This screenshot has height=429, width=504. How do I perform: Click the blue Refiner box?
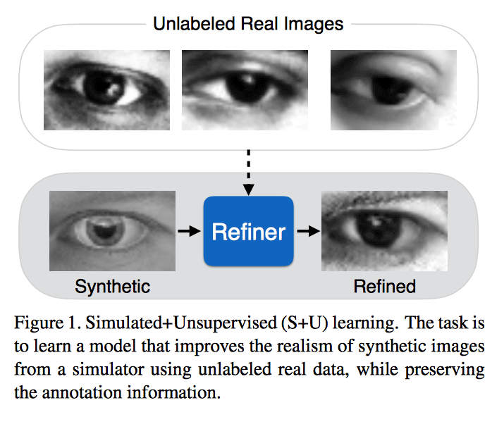click(249, 231)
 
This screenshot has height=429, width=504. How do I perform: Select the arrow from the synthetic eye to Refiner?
click(188, 230)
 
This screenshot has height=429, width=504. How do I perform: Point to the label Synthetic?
click(112, 286)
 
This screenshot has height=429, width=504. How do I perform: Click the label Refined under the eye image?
click(384, 286)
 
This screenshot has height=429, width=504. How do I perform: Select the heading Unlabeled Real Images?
click(248, 24)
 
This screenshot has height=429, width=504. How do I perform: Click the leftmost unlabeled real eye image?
click(107, 89)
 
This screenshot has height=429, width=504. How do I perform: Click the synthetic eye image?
click(112, 231)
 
